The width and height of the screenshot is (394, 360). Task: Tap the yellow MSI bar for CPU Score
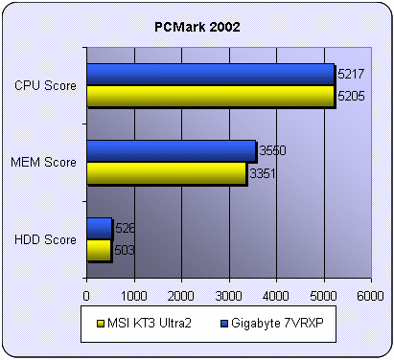pyautogui.click(x=209, y=96)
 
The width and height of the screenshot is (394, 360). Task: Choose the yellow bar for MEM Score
pyautogui.click(x=165, y=172)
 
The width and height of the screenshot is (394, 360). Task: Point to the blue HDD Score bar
pyautogui.click(x=99, y=228)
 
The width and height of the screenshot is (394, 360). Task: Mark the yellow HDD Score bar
pyautogui.click(x=98, y=249)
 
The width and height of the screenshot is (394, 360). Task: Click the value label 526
pyautogui.click(x=125, y=228)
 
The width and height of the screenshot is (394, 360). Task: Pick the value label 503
pyautogui.click(x=124, y=250)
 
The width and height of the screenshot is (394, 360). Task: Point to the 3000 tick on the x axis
pyautogui.click(x=228, y=296)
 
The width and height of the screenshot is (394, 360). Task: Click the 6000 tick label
pyautogui.click(x=370, y=296)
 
